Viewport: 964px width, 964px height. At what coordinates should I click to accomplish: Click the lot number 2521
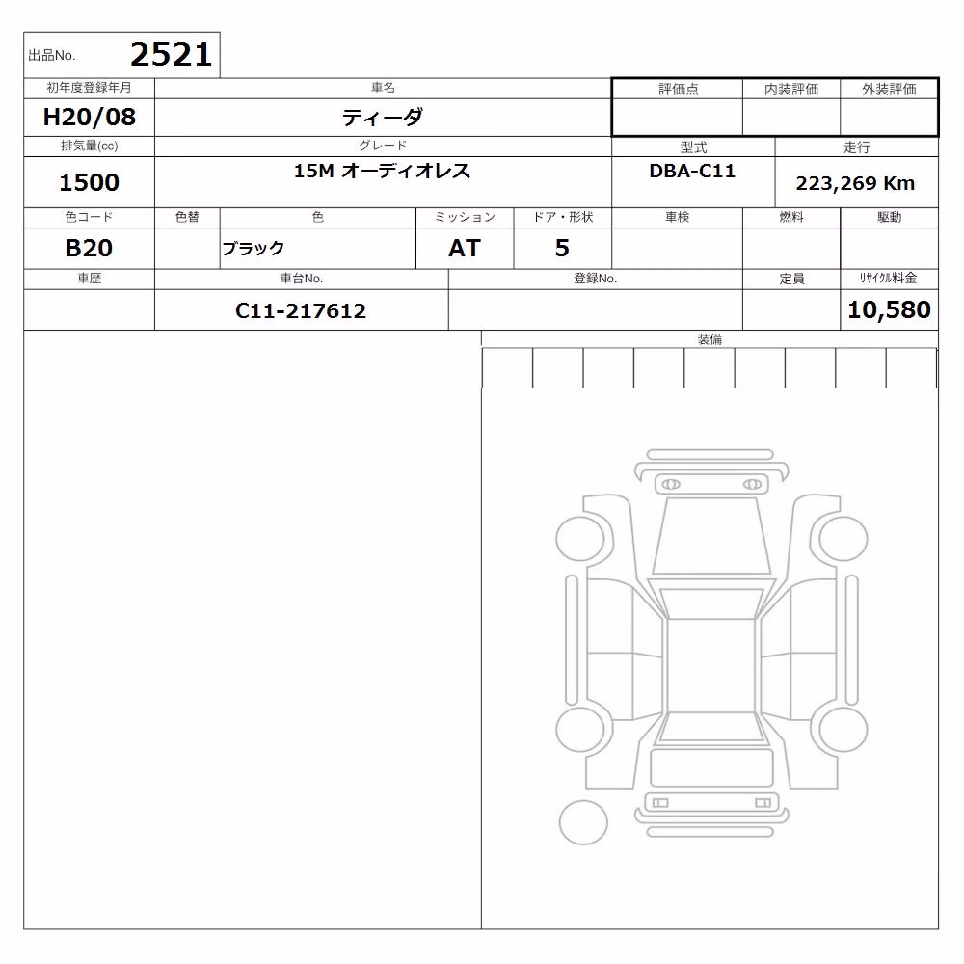pos(171,55)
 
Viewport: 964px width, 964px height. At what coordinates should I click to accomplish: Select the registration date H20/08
pos(89,117)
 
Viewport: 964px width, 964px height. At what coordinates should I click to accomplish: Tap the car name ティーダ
pos(383,117)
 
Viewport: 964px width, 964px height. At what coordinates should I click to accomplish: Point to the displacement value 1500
pos(89,182)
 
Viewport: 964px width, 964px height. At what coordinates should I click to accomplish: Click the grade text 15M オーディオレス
pos(382,171)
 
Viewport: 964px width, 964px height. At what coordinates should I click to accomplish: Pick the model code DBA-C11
pos(692,171)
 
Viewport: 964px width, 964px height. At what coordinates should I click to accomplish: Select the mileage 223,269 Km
pos(855,183)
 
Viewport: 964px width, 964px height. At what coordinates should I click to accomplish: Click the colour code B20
pos(89,248)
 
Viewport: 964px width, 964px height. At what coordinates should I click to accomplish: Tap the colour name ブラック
pos(254,249)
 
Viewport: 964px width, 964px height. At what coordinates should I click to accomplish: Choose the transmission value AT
pos(465,248)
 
